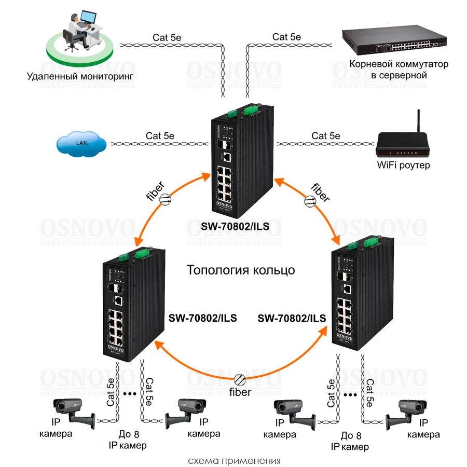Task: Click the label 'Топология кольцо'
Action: (x=240, y=270)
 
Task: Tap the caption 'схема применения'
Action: (x=234, y=460)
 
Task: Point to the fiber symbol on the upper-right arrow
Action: (x=309, y=200)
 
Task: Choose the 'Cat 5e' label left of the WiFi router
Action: (x=326, y=136)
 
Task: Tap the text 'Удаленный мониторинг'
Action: (x=80, y=76)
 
